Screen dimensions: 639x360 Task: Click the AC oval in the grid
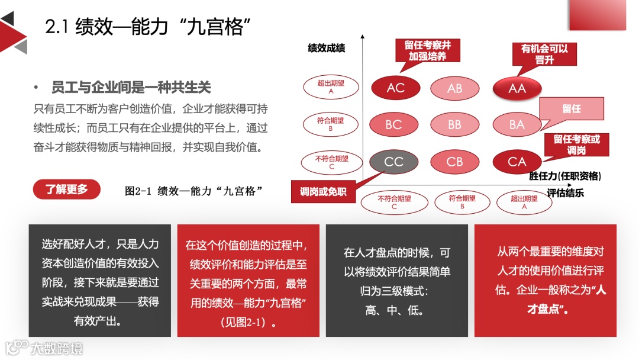[x=395, y=88]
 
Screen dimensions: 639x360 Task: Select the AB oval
[x=454, y=88]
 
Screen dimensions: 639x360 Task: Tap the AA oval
[x=517, y=88]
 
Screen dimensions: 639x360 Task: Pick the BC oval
[x=393, y=124]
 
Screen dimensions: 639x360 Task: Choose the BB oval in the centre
[x=454, y=125]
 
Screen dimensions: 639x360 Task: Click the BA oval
[x=517, y=125]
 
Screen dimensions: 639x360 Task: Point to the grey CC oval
[x=393, y=161]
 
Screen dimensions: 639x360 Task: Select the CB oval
[x=454, y=161]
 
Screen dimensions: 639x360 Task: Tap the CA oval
[x=517, y=161]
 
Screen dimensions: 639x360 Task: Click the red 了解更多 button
[x=67, y=189]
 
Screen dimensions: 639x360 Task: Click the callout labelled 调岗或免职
[x=323, y=192]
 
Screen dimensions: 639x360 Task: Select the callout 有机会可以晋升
[x=544, y=54]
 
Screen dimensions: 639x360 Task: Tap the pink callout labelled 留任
[x=572, y=109]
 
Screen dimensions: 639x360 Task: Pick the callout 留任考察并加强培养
[x=427, y=51]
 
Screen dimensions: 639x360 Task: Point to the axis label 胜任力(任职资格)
[x=565, y=176]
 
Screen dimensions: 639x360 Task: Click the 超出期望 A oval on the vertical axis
[x=331, y=87]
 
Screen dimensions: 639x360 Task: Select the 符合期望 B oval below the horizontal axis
[x=462, y=202]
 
